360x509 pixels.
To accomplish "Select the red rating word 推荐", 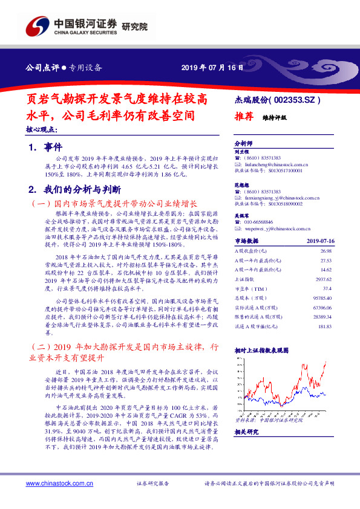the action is tap(243, 118).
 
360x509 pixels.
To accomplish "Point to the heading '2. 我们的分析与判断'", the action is tap(76, 189).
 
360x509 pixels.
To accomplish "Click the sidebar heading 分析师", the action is tap(243, 143).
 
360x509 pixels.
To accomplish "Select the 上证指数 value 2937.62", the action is tap(321, 280).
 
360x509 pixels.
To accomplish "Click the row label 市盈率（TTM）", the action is tap(250, 289).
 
